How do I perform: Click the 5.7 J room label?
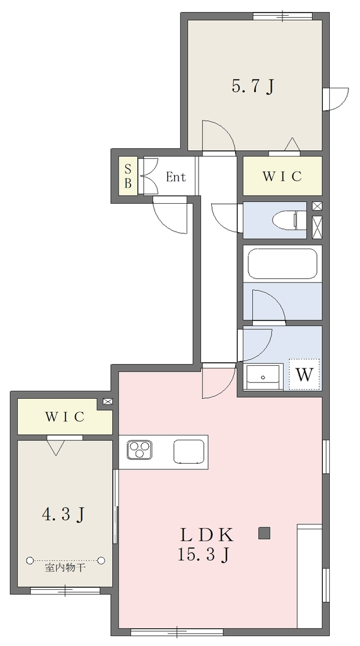[x=253, y=87]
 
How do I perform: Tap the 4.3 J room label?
[x=64, y=514]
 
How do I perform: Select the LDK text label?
[x=207, y=535]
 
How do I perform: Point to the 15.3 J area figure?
[x=203, y=555]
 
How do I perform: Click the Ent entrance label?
[x=176, y=177]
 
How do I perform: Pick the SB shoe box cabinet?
[x=128, y=176]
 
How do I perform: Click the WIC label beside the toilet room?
[x=282, y=177]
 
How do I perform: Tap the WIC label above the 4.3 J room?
[x=65, y=416]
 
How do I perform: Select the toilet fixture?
[x=290, y=220]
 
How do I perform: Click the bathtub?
[x=282, y=264]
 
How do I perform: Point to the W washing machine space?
[x=305, y=375]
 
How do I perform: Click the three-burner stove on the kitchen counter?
[x=139, y=449]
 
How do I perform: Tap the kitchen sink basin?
[x=189, y=452]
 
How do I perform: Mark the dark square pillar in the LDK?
[x=264, y=533]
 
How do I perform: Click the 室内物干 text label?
[x=65, y=568]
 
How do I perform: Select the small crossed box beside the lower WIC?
[x=107, y=401]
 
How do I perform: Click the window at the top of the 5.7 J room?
[x=282, y=16]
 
